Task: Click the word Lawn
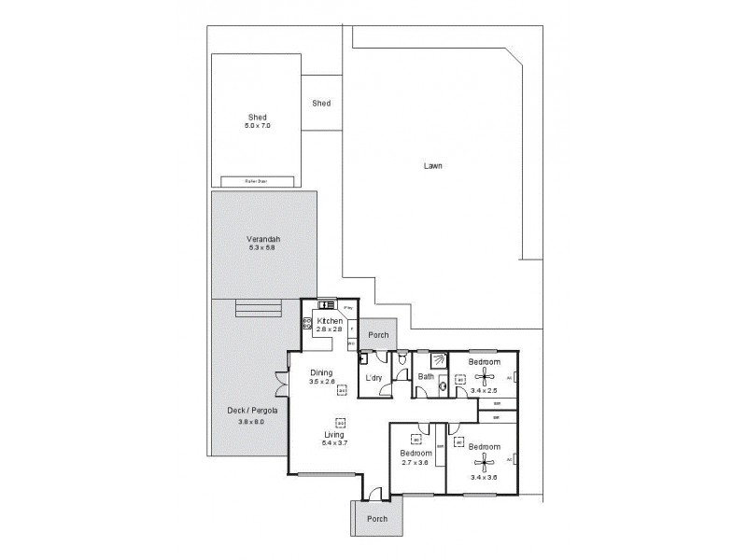pyautogui.click(x=432, y=166)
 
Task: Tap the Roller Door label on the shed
pyautogui.click(x=258, y=181)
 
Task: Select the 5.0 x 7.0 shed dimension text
pyautogui.click(x=258, y=125)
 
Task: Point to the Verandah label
pyautogui.click(x=263, y=239)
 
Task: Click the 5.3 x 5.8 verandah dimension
pyautogui.click(x=263, y=248)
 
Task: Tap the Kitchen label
pyautogui.click(x=330, y=321)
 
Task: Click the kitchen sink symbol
pyautogui.click(x=327, y=304)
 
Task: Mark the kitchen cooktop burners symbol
pyautogui.click(x=307, y=324)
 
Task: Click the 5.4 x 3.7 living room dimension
pyautogui.click(x=335, y=443)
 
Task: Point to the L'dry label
pyautogui.click(x=374, y=377)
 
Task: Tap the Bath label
pyautogui.click(x=426, y=377)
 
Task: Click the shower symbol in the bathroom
pyautogui.click(x=437, y=360)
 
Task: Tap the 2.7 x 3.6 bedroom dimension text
pyautogui.click(x=414, y=463)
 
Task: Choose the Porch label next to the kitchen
pyautogui.click(x=378, y=335)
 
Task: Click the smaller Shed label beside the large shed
pyautogui.click(x=321, y=104)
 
